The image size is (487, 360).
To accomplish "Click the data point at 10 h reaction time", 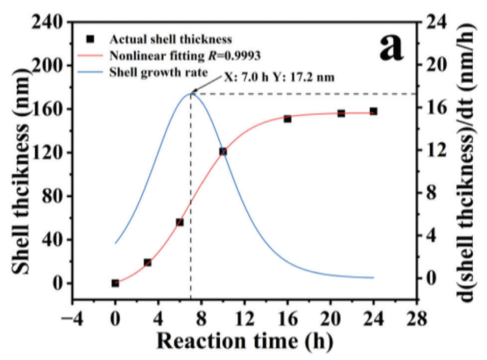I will click(223, 151).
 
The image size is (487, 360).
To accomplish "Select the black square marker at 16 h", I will click(288, 119).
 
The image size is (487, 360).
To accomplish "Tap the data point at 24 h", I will click(373, 111).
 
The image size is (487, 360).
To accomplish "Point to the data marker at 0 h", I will click(115, 283).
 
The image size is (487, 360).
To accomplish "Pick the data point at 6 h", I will click(180, 222).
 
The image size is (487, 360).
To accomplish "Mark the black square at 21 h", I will click(341, 113).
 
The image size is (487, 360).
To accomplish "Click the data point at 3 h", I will click(147, 263).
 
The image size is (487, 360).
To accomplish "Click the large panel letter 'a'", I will click(391, 47).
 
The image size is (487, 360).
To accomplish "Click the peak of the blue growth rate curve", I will click(190, 93).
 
